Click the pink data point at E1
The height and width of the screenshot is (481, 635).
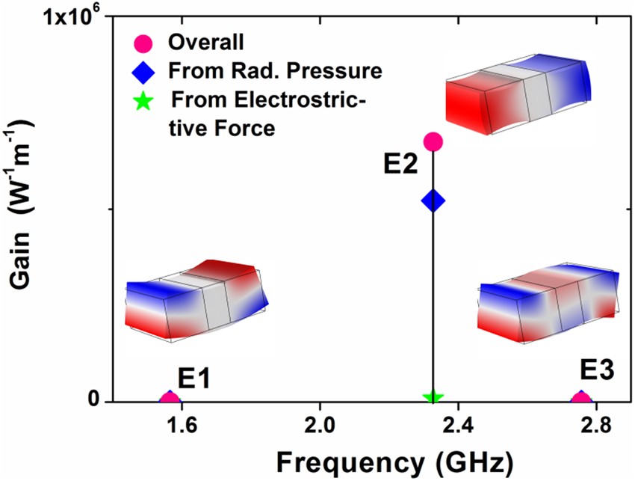click(170, 399)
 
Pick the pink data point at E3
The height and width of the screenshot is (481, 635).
click(581, 399)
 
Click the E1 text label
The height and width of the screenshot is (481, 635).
click(192, 378)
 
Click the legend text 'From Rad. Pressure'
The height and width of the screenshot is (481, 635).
click(276, 72)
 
